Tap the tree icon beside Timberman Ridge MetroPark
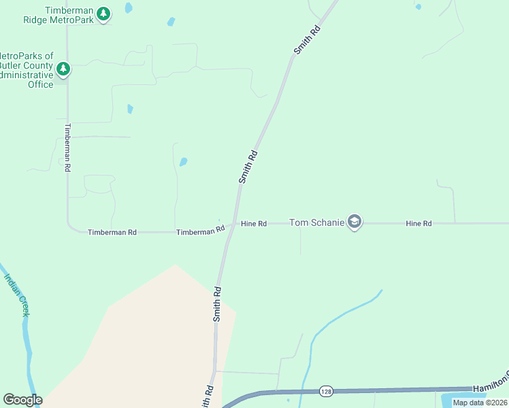click(103, 14)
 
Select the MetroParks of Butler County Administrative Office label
click(27, 70)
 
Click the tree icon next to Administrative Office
click(63, 69)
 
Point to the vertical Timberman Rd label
click(67, 147)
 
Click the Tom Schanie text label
click(316, 222)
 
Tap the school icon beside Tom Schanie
click(354, 222)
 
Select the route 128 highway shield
click(326, 391)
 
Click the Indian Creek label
click(16, 294)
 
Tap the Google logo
click(22, 400)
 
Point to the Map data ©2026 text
click(480, 403)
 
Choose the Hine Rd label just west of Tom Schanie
click(253, 223)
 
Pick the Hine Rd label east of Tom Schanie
click(418, 223)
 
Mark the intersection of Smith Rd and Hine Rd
click(235, 223)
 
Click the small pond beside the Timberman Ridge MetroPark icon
click(129, 8)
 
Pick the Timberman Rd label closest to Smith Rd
click(200, 231)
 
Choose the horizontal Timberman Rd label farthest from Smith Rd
click(112, 233)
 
